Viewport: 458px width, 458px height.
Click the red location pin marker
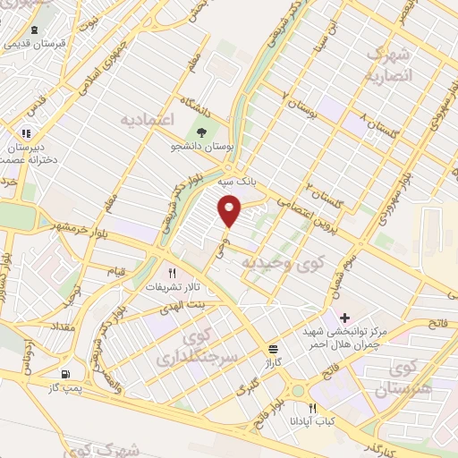click(x=231, y=211)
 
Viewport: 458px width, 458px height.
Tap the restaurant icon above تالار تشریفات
click(x=173, y=274)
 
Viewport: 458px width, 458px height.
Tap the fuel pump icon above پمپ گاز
click(x=64, y=375)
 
